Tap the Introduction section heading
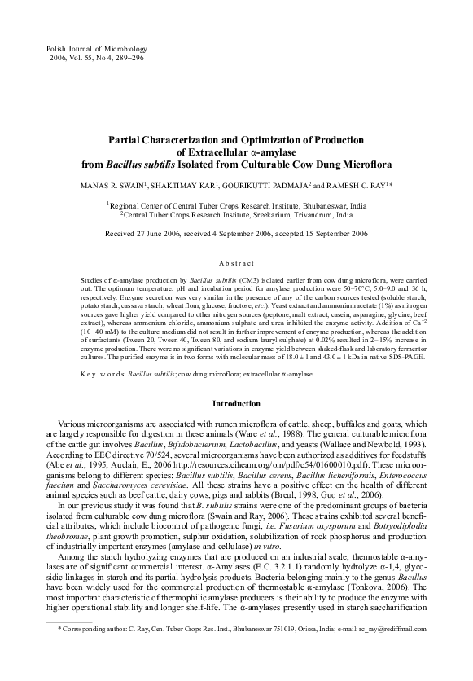[236, 403]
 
